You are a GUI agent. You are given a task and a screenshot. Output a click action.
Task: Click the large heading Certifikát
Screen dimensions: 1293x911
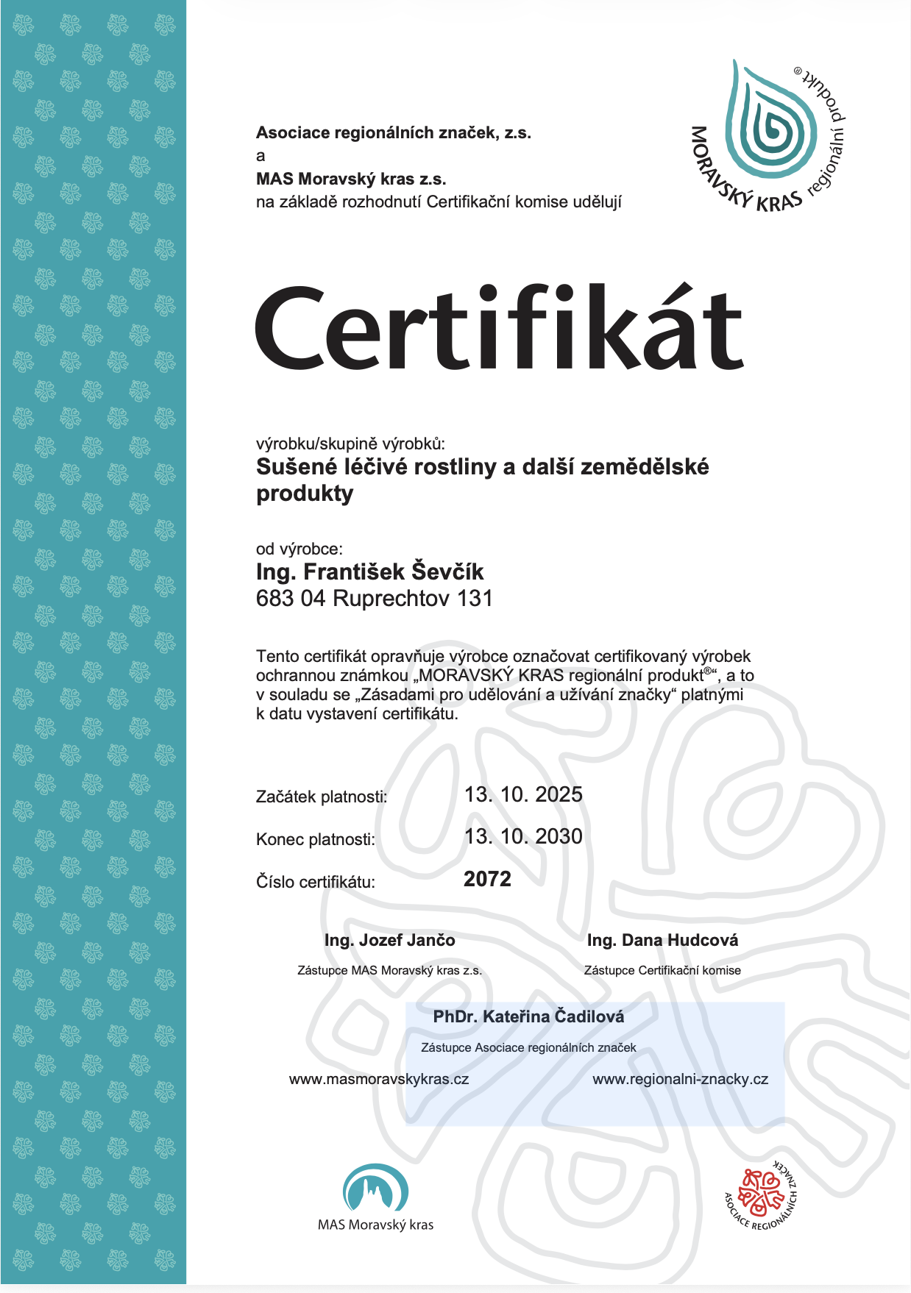pyautogui.click(x=499, y=329)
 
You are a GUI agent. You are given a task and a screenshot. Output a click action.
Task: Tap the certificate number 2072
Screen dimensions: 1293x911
pyautogui.click(x=487, y=879)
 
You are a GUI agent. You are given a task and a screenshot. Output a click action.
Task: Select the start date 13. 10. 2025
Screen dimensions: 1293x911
pyautogui.click(x=523, y=794)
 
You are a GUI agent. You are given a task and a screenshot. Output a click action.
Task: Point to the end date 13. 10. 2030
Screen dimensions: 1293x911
pyautogui.click(x=523, y=836)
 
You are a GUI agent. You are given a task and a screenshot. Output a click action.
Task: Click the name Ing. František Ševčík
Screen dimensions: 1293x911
pyautogui.click(x=369, y=571)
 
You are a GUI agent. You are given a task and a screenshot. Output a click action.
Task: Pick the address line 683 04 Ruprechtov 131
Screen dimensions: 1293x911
pyautogui.click(x=374, y=598)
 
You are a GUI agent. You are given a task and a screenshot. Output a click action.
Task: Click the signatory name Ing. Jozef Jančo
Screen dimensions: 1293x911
pyautogui.click(x=389, y=940)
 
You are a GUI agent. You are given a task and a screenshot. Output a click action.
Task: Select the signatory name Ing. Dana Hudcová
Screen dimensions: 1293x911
pyautogui.click(x=662, y=940)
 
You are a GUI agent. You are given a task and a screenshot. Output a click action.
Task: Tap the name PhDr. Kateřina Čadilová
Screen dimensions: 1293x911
pyautogui.click(x=528, y=1016)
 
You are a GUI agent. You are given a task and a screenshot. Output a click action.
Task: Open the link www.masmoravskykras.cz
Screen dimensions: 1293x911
pyautogui.click(x=379, y=1079)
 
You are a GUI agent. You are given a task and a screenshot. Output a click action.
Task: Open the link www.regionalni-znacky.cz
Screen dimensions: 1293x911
pyautogui.click(x=680, y=1079)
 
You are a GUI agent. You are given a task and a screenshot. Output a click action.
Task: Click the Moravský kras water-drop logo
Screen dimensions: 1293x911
pyautogui.click(x=768, y=132)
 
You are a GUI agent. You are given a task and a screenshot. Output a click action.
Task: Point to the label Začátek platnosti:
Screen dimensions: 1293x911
pyautogui.click(x=322, y=797)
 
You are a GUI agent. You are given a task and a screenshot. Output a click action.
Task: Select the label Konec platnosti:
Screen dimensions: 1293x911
pyautogui.click(x=316, y=839)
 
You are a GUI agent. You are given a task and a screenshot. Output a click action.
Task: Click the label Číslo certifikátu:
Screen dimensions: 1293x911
pyautogui.click(x=316, y=882)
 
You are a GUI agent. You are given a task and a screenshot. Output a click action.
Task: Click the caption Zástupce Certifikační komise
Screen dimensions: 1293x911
pyautogui.click(x=662, y=970)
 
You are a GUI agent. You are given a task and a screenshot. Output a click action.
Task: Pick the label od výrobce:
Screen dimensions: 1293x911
pyautogui.click(x=299, y=549)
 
